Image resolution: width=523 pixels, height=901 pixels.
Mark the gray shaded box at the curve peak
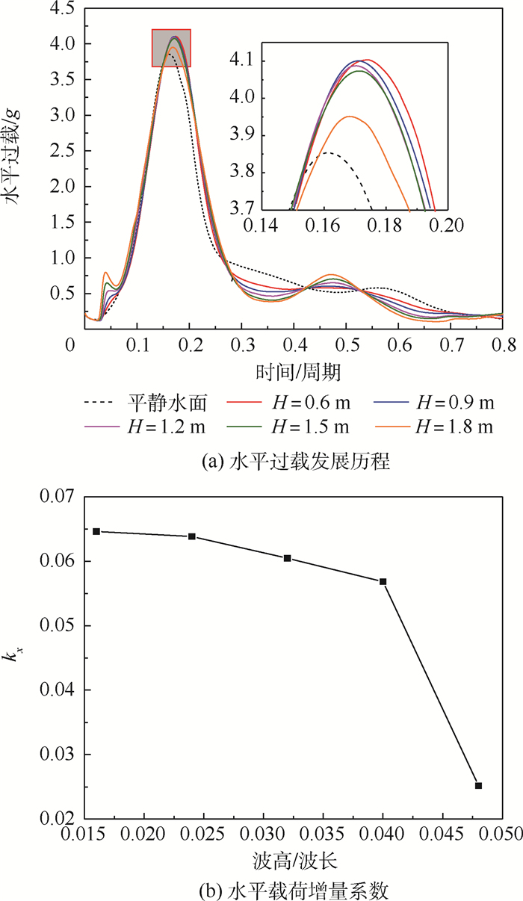tap(171, 48)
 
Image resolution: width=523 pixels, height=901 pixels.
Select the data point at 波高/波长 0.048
tap(479, 785)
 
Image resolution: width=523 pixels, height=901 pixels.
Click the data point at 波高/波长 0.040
tap(383, 581)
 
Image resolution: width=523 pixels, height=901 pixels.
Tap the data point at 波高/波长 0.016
tap(96, 531)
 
